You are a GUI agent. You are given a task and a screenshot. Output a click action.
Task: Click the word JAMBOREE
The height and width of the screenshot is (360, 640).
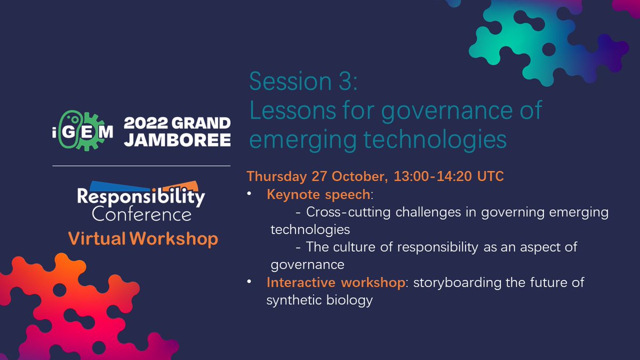(177, 140)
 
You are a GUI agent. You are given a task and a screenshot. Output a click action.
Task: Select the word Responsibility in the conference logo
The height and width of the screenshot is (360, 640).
(141, 197)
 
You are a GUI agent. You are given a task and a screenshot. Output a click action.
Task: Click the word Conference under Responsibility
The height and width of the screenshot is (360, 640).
(141, 214)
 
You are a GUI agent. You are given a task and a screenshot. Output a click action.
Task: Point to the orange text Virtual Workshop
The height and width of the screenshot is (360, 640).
(143, 239)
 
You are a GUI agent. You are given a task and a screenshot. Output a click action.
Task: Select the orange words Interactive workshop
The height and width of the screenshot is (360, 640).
(335, 282)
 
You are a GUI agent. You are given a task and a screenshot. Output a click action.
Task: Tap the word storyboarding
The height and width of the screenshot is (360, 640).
(452, 282)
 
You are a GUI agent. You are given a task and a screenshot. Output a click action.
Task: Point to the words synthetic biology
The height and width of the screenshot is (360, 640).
(319, 300)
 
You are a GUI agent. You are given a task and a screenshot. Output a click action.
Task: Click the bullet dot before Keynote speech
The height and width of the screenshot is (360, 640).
(250, 195)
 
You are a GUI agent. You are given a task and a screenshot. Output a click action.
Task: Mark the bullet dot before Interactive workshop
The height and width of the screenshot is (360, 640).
(250, 283)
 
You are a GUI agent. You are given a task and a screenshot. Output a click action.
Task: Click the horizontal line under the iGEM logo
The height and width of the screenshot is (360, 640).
(141, 166)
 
